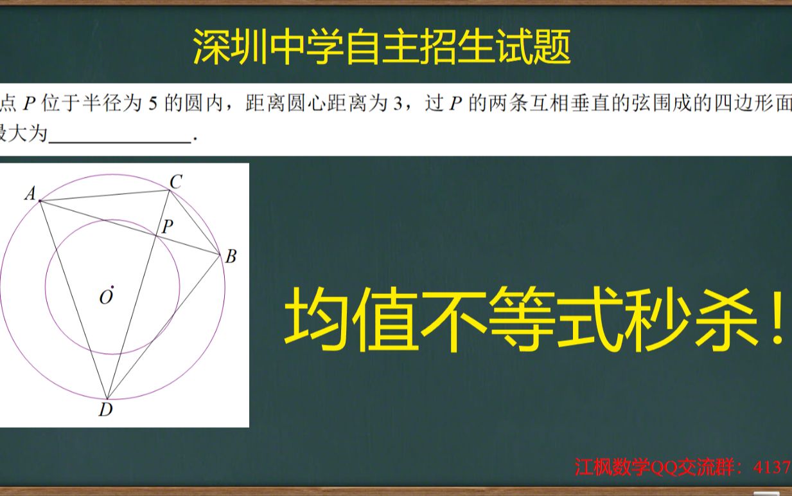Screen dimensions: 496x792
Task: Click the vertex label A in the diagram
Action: [30, 193]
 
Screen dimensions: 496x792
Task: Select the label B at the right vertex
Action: [231, 257]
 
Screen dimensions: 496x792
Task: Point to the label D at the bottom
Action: [105, 410]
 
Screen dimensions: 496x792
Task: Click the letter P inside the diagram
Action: [168, 226]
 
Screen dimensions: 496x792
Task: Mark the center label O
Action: [105, 297]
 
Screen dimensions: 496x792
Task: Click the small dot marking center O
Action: [112, 286]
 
